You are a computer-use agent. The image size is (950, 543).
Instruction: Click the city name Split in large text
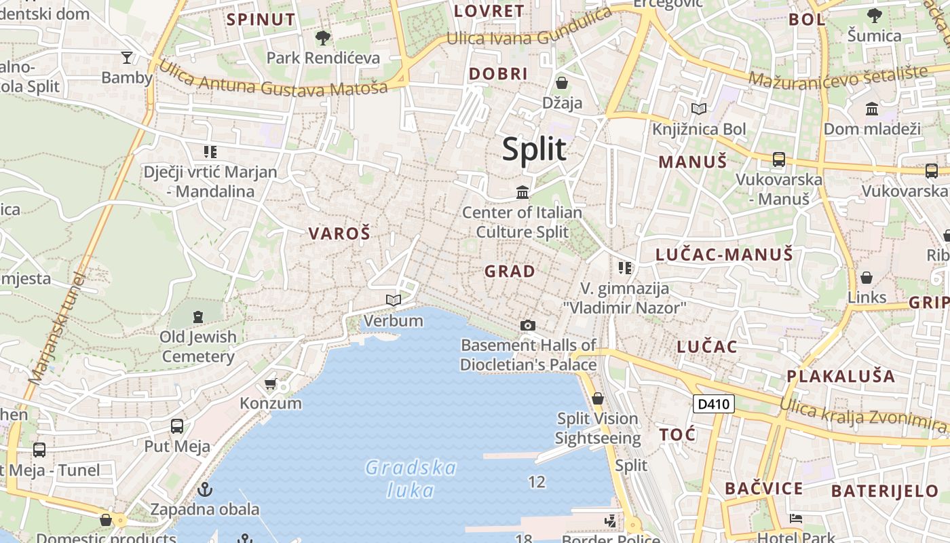[x=534, y=149]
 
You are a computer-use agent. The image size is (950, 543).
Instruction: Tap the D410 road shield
[x=714, y=405]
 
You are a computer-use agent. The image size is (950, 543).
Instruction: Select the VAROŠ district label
[x=340, y=234]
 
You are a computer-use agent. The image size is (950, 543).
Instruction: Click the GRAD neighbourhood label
[x=510, y=271]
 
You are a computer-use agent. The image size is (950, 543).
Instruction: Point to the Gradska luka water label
[x=411, y=479]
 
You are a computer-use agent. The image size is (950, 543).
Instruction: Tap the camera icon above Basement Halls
[x=528, y=326]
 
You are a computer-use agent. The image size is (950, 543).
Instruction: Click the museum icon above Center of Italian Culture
[x=522, y=193]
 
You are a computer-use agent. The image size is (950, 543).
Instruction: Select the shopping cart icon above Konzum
[x=271, y=384]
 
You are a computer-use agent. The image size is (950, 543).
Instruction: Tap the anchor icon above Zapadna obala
[x=204, y=489]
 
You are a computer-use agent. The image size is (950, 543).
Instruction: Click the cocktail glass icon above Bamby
[x=127, y=57]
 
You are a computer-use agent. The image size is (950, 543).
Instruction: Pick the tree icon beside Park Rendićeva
[x=323, y=37]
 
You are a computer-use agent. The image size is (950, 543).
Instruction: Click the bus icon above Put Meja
[x=176, y=426]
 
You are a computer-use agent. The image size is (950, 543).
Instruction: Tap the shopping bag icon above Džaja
[x=562, y=83]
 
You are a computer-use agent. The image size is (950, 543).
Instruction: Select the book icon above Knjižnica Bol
[x=699, y=109]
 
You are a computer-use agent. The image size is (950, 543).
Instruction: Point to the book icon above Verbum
[x=393, y=300]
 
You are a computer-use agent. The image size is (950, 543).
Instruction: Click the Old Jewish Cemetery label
[x=198, y=346]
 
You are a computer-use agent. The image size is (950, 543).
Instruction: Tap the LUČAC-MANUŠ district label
[x=724, y=255]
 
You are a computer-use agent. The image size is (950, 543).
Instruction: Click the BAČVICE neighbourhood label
[x=763, y=489]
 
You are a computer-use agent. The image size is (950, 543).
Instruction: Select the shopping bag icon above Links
[x=867, y=278]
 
